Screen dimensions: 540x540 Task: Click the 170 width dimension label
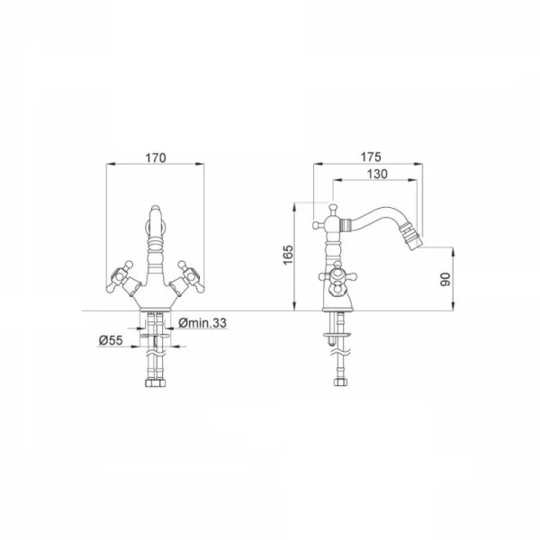(156, 157)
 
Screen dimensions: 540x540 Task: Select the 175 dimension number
(371, 157)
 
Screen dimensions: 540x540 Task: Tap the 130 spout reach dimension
(377, 174)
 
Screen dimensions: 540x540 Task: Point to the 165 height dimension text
(288, 255)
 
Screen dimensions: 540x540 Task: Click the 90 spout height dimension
(445, 279)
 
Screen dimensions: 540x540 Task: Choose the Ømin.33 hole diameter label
(202, 323)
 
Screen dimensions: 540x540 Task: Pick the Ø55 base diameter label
(111, 340)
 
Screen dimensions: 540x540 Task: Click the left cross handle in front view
(120, 276)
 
